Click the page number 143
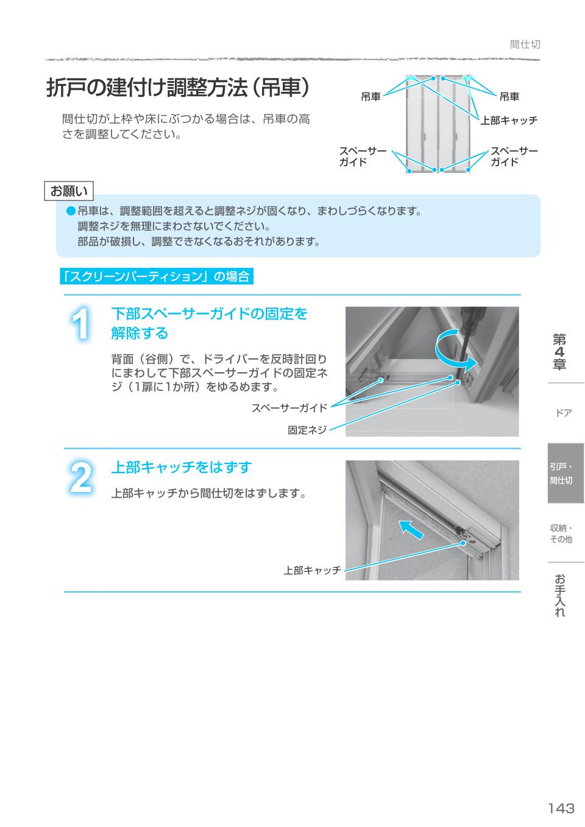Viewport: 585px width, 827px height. click(561, 808)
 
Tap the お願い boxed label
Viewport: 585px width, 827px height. click(69, 191)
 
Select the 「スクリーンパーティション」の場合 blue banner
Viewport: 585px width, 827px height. click(156, 276)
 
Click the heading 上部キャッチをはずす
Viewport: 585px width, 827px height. click(181, 467)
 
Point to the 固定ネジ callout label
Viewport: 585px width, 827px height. click(307, 430)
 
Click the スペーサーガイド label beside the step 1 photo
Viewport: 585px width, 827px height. click(289, 408)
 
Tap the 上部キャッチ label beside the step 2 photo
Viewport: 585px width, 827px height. click(312, 571)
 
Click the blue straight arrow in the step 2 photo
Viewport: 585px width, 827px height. click(410, 528)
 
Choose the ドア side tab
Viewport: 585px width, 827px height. click(564, 413)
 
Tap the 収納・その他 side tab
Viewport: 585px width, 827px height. click(561, 533)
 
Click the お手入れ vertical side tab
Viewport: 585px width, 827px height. click(559, 595)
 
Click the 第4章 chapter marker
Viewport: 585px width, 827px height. click(559, 351)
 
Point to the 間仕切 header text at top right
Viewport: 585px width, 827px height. click(525, 44)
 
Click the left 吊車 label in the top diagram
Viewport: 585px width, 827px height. click(370, 97)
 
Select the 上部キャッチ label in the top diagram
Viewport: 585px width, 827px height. click(509, 121)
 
